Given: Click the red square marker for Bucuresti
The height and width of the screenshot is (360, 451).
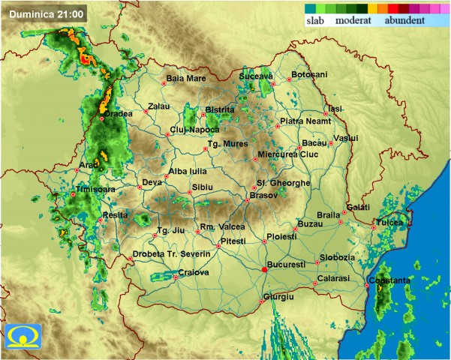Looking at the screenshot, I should click(263, 269).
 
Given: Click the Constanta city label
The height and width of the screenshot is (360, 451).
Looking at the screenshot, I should click(389, 281).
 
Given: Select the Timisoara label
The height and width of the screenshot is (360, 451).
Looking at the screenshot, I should click(96, 190).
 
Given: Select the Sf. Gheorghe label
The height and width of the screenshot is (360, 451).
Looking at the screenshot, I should click(283, 183).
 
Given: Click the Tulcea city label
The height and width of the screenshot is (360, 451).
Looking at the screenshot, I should click(389, 223).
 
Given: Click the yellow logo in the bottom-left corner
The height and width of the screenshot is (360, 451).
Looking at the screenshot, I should click(20, 339).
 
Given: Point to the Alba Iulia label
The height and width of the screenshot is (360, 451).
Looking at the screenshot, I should click(187, 172).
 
